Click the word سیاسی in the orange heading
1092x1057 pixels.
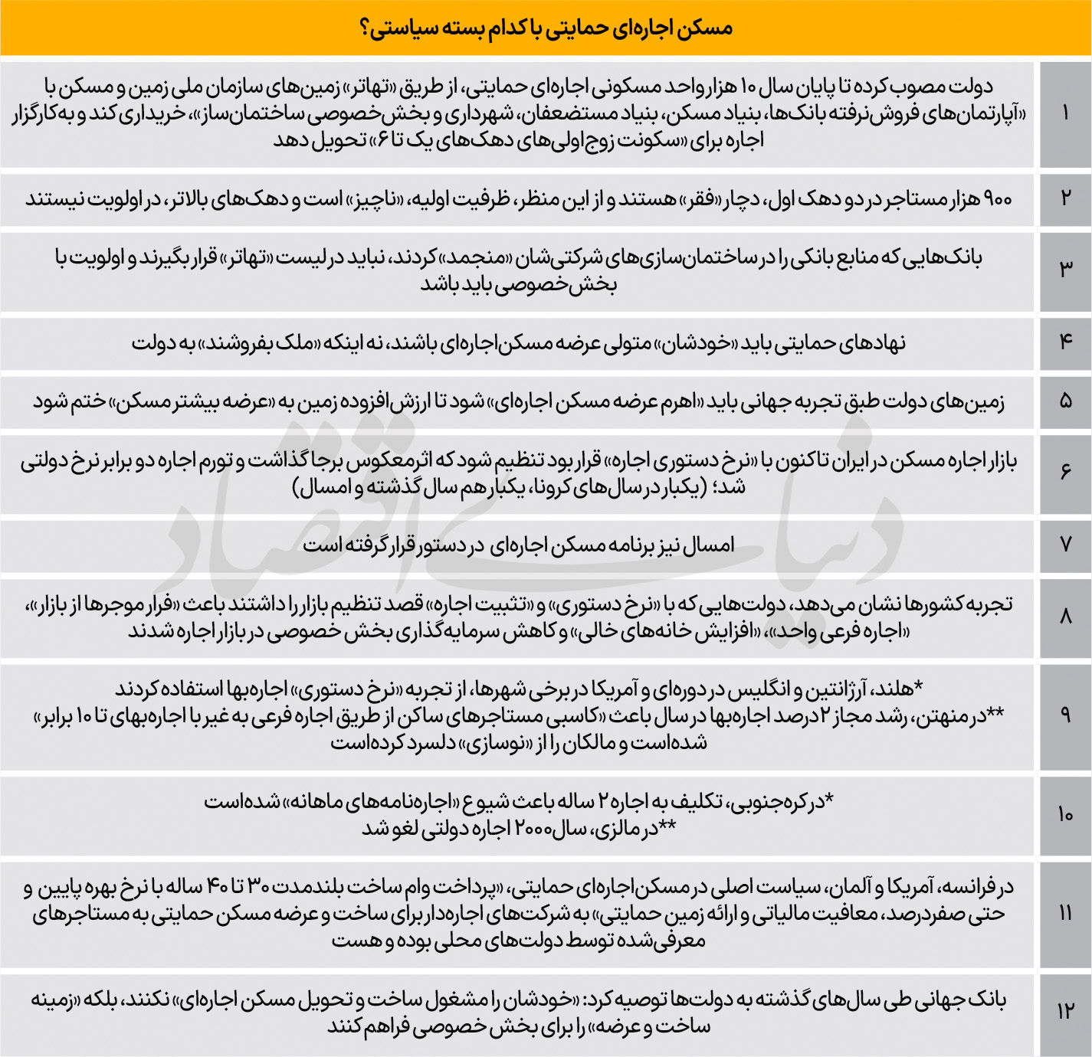click(x=405, y=29)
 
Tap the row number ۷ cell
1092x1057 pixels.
click(x=1065, y=545)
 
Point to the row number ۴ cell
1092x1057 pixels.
click(x=1065, y=342)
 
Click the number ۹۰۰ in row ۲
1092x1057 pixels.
click(x=997, y=199)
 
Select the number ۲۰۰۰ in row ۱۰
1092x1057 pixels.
click(x=539, y=829)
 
